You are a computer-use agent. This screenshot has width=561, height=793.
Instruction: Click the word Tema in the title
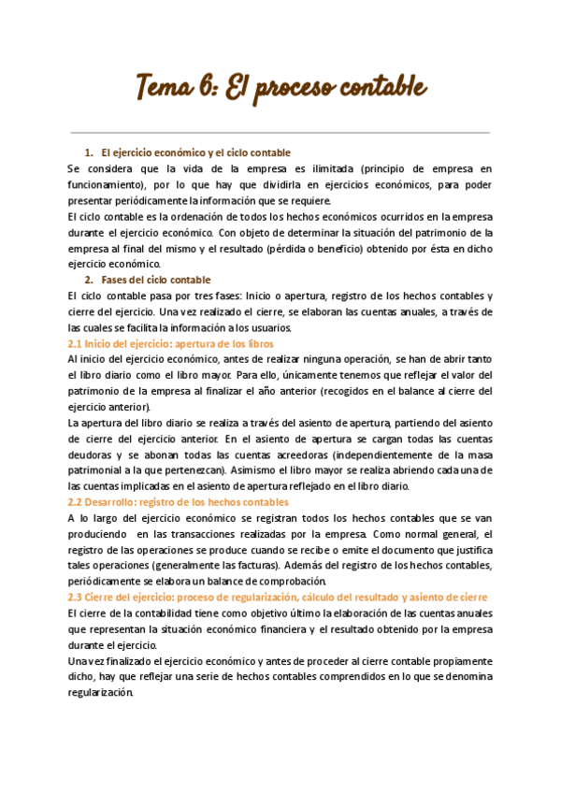[165, 89]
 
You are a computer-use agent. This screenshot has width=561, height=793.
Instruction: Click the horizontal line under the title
[280, 134]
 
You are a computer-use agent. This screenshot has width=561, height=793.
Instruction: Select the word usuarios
[270, 327]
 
